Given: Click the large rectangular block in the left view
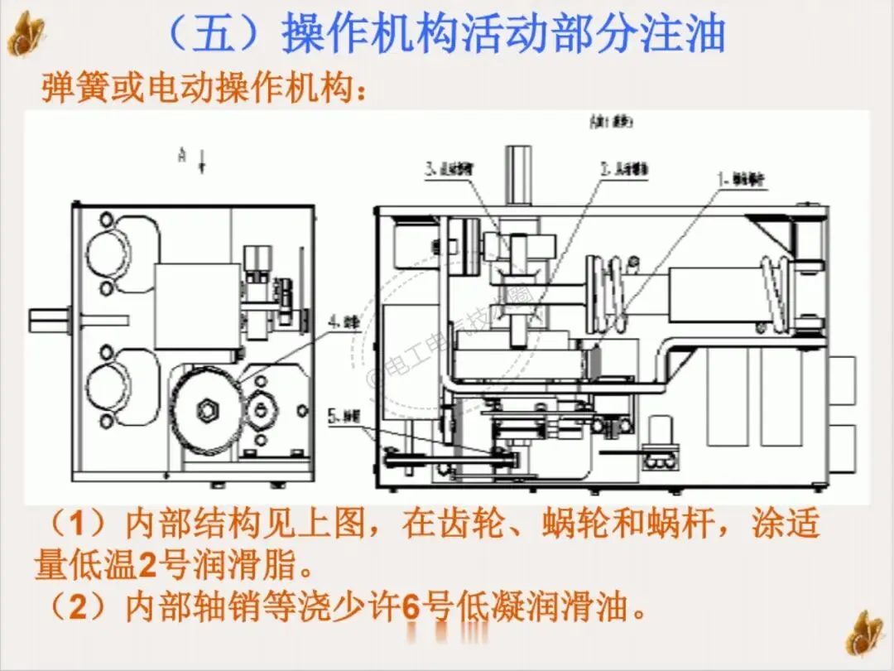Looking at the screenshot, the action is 197,298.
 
